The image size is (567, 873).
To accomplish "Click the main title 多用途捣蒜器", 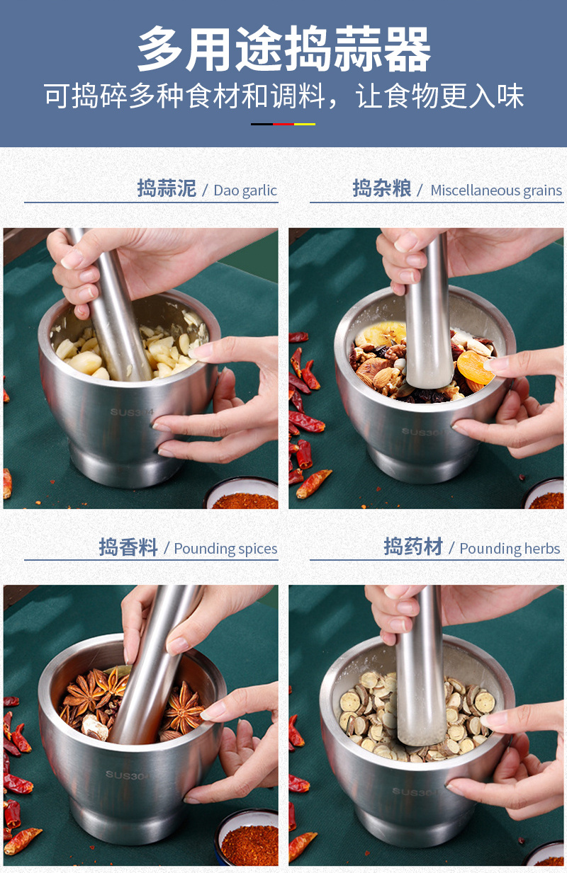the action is [x=283, y=50].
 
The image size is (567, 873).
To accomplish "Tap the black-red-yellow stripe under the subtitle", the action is [x=283, y=124].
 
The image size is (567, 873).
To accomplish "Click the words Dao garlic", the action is [x=245, y=190].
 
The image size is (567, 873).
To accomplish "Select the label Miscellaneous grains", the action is [x=496, y=190].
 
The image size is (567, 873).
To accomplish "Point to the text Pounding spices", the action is [x=225, y=549].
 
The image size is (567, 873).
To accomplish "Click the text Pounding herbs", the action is [x=510, y=549].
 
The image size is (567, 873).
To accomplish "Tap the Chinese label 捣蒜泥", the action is [x=167, y=188].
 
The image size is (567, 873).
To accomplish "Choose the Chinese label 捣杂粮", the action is [x=381, y=188].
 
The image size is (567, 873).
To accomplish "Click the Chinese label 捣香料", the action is [x=128, y=547].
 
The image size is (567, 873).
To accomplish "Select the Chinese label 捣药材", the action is [x=413, y=546].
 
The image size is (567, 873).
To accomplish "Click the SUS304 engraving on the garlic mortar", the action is [x=132, y=412].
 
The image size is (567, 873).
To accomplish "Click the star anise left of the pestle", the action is [x=95, y=692].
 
